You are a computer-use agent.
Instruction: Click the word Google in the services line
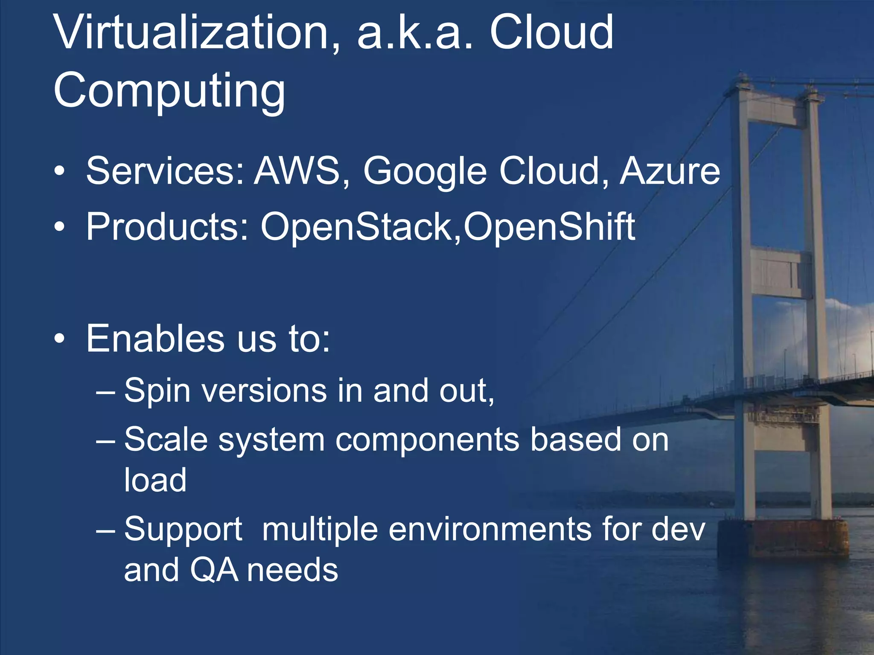[x=425, y=172]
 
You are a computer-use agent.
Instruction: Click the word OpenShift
[x=550, y=227]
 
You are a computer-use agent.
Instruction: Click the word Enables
[x=155, y=339]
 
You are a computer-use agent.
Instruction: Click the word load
[x=155, y=480]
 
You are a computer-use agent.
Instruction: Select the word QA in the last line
[x=214, y=570]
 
